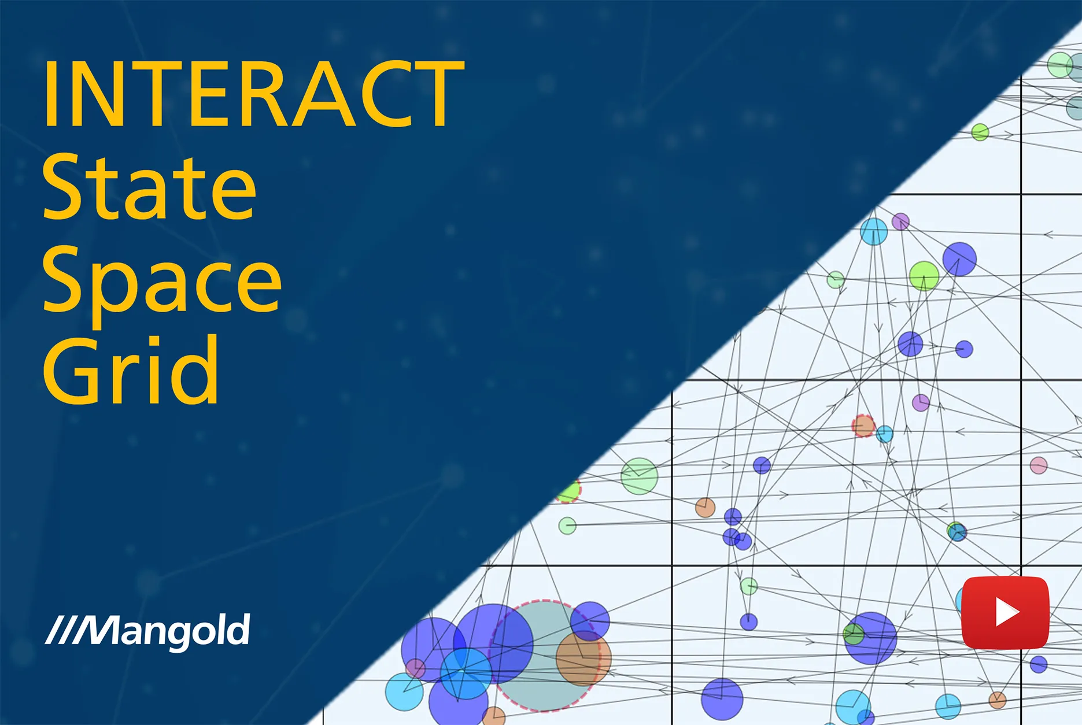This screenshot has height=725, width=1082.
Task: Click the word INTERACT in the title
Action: (x=253, y=94)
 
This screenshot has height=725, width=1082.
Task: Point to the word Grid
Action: (x=131, y=370)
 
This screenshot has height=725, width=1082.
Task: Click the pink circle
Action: (x=1039, y=465)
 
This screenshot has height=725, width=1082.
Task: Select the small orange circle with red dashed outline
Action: (x=863, y=426)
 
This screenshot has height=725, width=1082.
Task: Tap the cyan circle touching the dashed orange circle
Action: (x=884, y=434)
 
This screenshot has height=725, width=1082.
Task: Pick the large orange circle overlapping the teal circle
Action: (x=583, y=659)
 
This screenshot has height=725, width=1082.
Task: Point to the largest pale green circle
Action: (x=639, y=476)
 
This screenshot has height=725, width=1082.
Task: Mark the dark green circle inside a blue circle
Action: (x=854, y=634)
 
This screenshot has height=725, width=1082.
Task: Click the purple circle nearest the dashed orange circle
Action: (x=921, y=402)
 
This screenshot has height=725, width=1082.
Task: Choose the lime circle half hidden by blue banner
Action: (x=570, y=491)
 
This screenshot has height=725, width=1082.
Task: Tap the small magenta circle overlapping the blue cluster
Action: (x=415, y=669)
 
